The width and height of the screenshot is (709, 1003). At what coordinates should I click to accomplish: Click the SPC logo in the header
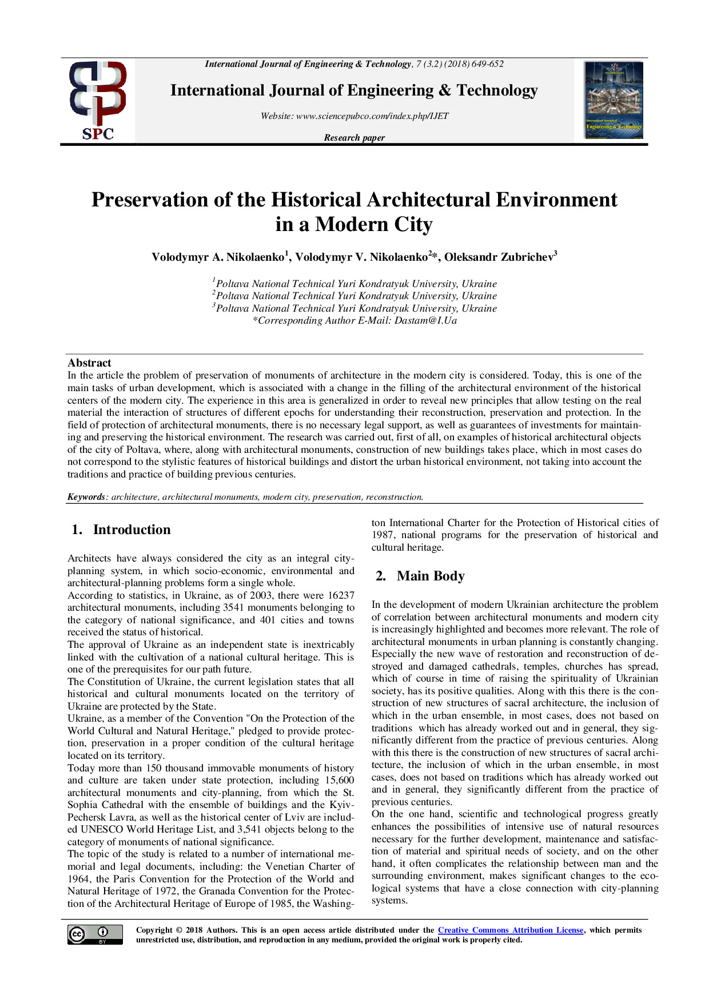pyautogui.click(x=98, y=101)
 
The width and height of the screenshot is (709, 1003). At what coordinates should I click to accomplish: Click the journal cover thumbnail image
pyautogui.click(x=614, y=100)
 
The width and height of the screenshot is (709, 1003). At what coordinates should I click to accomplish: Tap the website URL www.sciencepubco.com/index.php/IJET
pyautogui.click(x=372, y=116)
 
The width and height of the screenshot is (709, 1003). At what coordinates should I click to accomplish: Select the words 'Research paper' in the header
pyautogui.click(x=354, y=138)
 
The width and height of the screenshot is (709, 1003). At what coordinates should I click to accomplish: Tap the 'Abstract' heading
pyautogui.click(x=89, y=363)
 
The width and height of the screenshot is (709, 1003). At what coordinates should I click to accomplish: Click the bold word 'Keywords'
pyautogui.click(x=86, y=497)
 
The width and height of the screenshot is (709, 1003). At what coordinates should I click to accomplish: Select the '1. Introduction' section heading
pyautogui.click(x=121, y=530)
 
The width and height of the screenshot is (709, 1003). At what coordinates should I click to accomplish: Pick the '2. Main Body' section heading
pyautogui.click(x=420, y=576)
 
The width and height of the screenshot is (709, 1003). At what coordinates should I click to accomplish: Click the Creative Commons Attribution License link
pyautogui.click(x=511, y=930)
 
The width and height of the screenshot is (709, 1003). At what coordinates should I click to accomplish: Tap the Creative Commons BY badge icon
pyautogui.click(x=95, y=934)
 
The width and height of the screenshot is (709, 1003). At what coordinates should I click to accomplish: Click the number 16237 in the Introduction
pyautogui.click(x=341, y=595)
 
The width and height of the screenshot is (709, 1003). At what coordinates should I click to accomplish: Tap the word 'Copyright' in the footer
pyautogui.click(x=154, y=930)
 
